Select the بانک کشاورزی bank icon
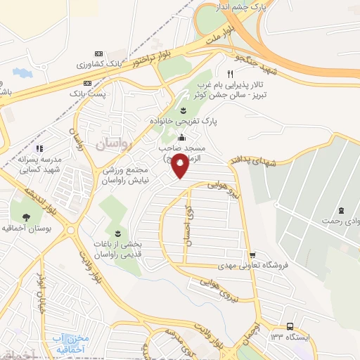(x=98, y=54)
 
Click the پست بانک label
(x=88, y=93)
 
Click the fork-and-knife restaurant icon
(x=230, y=74)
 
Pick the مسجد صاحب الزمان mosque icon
(x=182, y=137)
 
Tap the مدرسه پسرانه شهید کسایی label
(x=39, y=165)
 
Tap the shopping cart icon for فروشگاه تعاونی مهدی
(x=252, y=255)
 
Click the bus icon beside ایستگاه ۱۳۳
(x=290, y=326)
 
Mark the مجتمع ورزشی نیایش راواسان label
(x=115, y=176)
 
